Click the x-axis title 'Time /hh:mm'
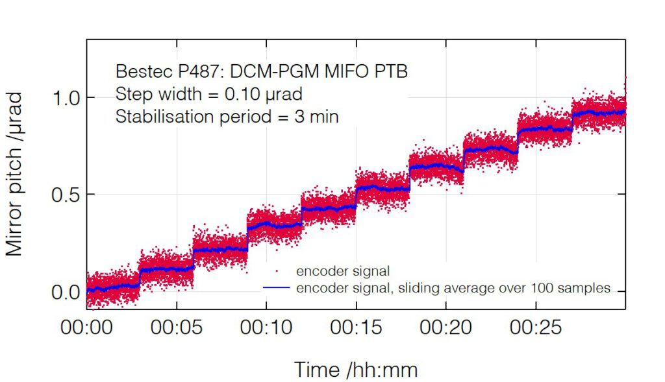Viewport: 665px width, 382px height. [356, 370]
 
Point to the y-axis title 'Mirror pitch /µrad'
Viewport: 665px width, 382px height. [14, 174]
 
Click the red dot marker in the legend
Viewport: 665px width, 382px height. [278, 269]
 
